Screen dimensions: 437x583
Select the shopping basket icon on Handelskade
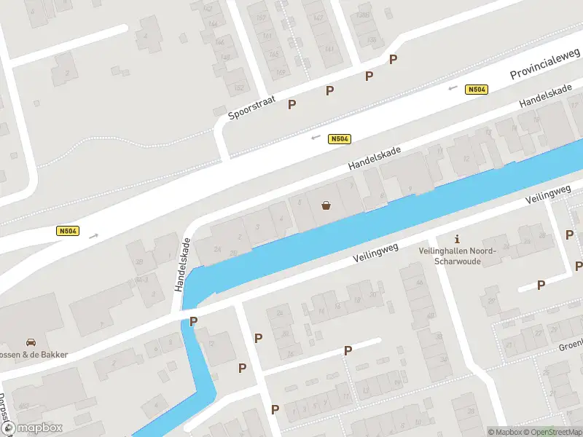coord(326,205)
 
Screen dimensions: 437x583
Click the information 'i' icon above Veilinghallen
coord(457,238)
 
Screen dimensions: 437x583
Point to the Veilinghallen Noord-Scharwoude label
coord(457,255)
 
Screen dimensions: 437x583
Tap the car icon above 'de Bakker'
coord(31,342)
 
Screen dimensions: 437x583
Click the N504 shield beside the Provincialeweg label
coord(477,89)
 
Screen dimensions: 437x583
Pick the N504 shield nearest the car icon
coord(68,232)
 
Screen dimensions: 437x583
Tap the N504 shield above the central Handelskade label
coord(340,138)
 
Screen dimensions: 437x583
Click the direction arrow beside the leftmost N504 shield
coord(93,235)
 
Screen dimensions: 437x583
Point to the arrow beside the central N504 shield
coord(316,137)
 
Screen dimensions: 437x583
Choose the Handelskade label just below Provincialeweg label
coord(545,98)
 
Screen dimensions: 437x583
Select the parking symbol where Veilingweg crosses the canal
coord(193,321)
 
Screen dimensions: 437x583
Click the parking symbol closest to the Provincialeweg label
coord(394,59)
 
